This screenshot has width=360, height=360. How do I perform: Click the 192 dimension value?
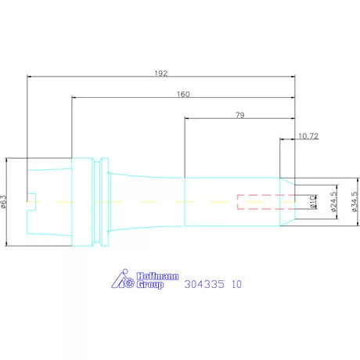[x=160, y=74]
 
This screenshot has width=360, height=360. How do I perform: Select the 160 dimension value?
[x=183, y=94]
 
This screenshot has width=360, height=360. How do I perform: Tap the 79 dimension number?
[x=240, y=115]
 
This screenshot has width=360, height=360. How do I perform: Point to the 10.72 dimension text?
[x=308, y=136]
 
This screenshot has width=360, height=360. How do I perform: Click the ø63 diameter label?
[x=4, y=202]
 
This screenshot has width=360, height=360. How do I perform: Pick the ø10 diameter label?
[x=313, y=202]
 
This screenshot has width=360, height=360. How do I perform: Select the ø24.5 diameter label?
[x=333, y=202]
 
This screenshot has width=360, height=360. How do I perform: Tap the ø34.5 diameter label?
[x=355, y=202]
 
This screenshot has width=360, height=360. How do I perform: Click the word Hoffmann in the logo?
[x=157, y=276]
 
